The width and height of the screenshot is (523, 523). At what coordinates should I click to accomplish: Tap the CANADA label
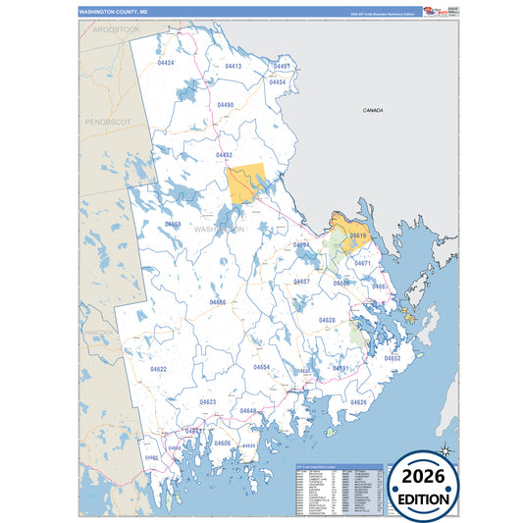[x=372, y=112]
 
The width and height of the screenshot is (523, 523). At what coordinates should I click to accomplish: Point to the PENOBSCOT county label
[x=107, y=122]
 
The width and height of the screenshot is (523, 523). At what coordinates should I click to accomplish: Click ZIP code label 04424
[x=166, y=63]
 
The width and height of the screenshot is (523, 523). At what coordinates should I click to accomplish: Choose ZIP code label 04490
[x=225, y=105]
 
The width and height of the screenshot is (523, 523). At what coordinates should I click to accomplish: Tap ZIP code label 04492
[x=224, y=155]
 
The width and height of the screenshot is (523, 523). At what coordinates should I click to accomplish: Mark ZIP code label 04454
[x=278, y=82]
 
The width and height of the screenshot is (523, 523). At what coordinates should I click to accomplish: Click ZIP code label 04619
[x=357, y=235]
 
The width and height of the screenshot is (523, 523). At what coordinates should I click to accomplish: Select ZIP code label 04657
[x=302, y=282]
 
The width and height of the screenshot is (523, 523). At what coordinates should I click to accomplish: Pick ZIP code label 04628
[x=327, y=320]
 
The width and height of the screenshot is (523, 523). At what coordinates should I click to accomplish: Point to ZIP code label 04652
[x=392, y=358]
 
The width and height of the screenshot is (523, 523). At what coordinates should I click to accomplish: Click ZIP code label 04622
[x=158, y=369]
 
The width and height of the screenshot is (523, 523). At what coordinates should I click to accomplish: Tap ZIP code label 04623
[x=208, y=401]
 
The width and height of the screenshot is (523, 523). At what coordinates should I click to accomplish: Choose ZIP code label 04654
[x=261, y=367]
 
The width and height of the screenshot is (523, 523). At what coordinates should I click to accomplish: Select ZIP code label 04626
[x=358, y=402]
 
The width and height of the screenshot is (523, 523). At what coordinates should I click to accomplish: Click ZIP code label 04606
[x=223, y=443]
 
